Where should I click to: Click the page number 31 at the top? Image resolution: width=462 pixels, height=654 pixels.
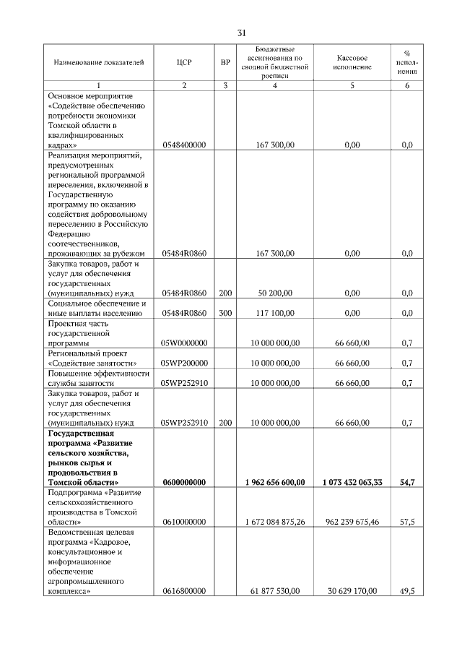242,33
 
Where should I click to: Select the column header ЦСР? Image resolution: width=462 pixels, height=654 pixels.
184,63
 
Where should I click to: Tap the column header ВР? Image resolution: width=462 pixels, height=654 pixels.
225,63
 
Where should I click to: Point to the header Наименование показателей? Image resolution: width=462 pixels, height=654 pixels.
94,63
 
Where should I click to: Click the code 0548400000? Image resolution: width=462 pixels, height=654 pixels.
184,145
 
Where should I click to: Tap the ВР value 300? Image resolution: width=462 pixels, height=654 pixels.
225,314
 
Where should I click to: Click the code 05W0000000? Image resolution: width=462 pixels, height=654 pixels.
184,343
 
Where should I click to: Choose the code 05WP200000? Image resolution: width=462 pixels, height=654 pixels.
184,363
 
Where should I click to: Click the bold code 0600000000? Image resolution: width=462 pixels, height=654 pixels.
184,482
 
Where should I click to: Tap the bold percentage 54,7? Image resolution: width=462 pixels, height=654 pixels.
406,482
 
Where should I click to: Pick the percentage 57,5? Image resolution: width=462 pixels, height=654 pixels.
406,521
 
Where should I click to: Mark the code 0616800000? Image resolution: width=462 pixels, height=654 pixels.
184,590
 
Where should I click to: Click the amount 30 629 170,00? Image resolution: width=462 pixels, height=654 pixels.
352,590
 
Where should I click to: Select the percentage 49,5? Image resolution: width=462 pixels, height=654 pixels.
406,590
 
